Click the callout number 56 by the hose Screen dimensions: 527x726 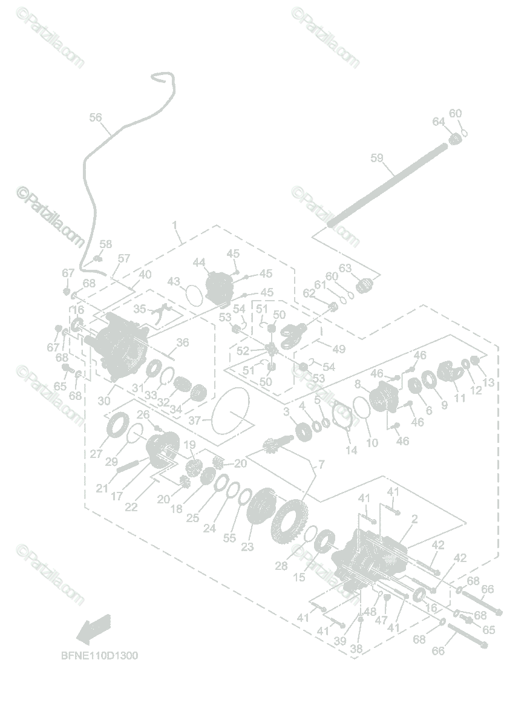coord(96,118)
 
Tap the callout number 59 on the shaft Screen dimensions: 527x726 coord(377,159)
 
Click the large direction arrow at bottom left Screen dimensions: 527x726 coord(94,627)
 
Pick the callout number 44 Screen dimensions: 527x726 coord(200,263)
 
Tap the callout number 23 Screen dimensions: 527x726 coord(247,547)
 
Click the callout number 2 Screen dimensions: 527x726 coord(414,518)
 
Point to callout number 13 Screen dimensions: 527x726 coord(489,382)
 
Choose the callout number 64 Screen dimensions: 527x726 coord(439,122)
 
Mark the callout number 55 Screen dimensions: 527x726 coord(229,537)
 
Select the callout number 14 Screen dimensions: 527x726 coord(352,450)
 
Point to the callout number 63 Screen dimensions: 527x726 coord(345,268)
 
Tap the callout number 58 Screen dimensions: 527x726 coord(106,244)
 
